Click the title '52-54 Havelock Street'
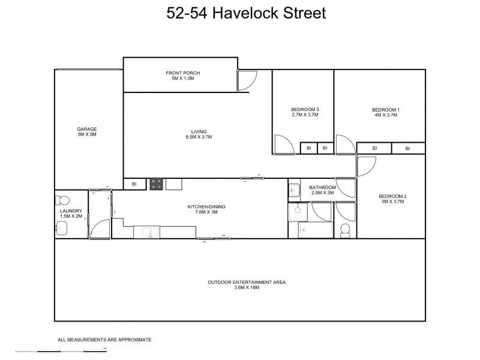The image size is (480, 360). tap(245, 13)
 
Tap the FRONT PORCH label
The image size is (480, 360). tap(182, 73)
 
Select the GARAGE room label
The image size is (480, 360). tap(86, 129)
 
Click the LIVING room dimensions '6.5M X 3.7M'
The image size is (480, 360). tap(198, 137)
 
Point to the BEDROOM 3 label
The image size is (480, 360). tap(305, 109)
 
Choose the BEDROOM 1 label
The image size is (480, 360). tap(385, 109)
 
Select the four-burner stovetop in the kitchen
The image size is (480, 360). tap(157, 184)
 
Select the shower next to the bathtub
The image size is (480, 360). tap(298, 211)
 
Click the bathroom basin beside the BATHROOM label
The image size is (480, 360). tap(293, 190)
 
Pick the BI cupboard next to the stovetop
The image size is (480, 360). tap(134, 184)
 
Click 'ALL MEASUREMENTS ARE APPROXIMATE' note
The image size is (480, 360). tap(104, 340)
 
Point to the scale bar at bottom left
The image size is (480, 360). tap(60, 350)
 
